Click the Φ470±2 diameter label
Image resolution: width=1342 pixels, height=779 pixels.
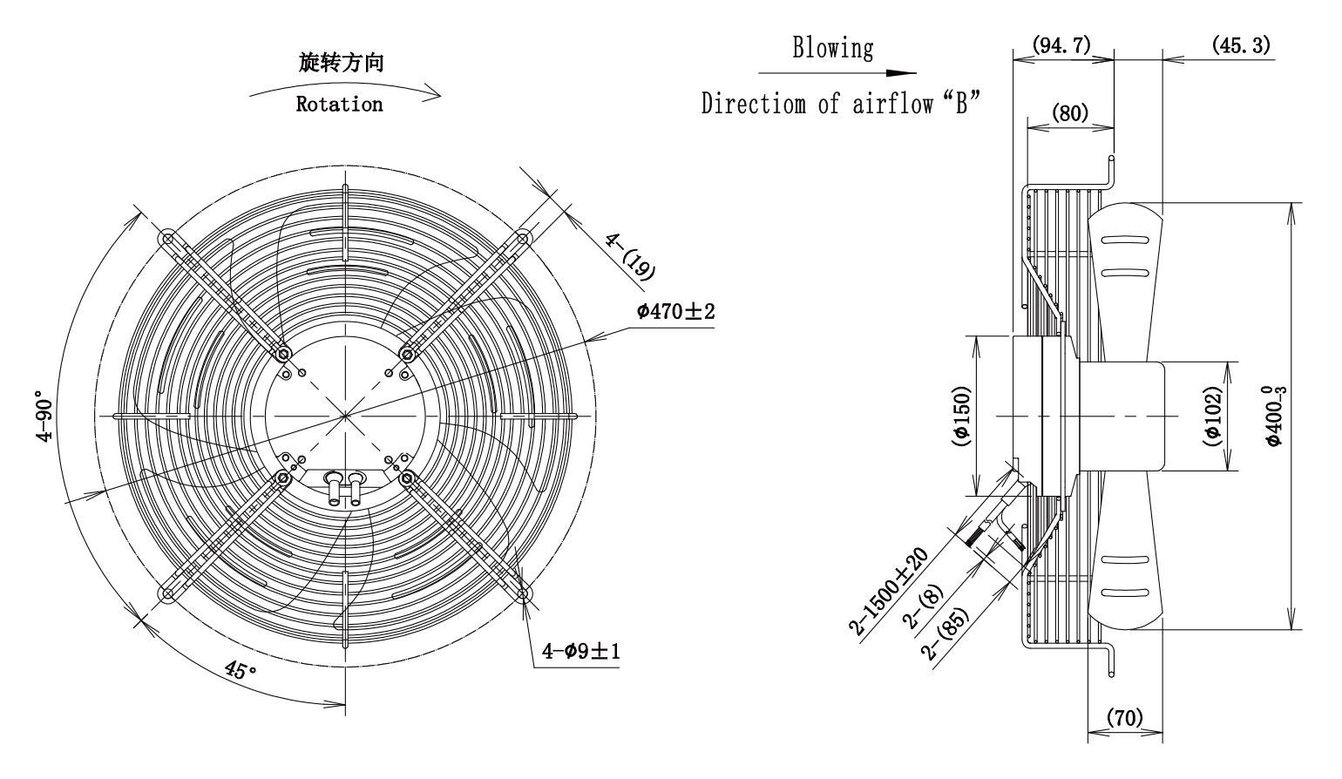pos(675,312)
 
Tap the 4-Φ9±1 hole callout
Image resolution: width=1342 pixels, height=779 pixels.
pos(580,651)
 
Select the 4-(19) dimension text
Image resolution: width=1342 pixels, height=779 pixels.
pos(630,257)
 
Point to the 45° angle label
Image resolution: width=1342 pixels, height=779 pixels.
pos(241,670)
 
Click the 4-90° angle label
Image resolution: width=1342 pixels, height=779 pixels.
pos(45,416)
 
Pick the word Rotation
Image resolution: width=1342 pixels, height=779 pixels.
pos(339,105)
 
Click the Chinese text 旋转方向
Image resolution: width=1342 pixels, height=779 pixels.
pos(341,63)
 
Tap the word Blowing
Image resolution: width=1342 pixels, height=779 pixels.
pos(833,48)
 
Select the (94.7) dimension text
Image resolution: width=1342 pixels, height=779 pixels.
pos(1061,45)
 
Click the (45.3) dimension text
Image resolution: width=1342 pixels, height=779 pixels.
pos(1241,45)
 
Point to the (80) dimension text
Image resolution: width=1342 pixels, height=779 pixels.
pos(1070,112)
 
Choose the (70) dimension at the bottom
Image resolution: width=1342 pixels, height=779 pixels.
pos(1124,717)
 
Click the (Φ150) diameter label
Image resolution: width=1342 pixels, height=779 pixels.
pos(961,416)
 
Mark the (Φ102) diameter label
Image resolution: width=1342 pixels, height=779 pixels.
pos(1212,416)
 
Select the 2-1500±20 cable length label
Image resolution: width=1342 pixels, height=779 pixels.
pos(888,591)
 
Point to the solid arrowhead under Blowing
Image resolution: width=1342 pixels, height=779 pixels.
pos(901,73)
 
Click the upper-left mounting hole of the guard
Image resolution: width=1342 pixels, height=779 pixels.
pos(167,239)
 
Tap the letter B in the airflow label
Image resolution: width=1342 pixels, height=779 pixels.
pos(961,104)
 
